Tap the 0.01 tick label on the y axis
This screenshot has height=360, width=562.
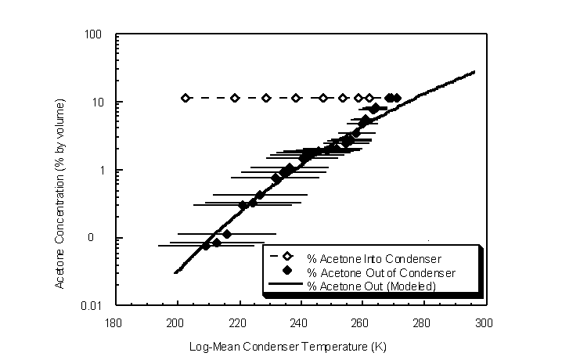coord(97,305)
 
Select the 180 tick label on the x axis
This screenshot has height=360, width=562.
coord(114,322)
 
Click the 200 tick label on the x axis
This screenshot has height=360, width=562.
coord(176,322)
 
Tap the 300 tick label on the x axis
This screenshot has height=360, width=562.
coord(484,322)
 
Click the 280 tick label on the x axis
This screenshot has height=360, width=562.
coord(422,322)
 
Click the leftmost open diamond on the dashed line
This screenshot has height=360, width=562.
coord(186,98)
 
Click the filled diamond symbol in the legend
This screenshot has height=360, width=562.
coord(287,272)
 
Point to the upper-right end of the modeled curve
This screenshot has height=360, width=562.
coord(474,72)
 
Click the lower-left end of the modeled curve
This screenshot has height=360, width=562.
coord(175,272)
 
